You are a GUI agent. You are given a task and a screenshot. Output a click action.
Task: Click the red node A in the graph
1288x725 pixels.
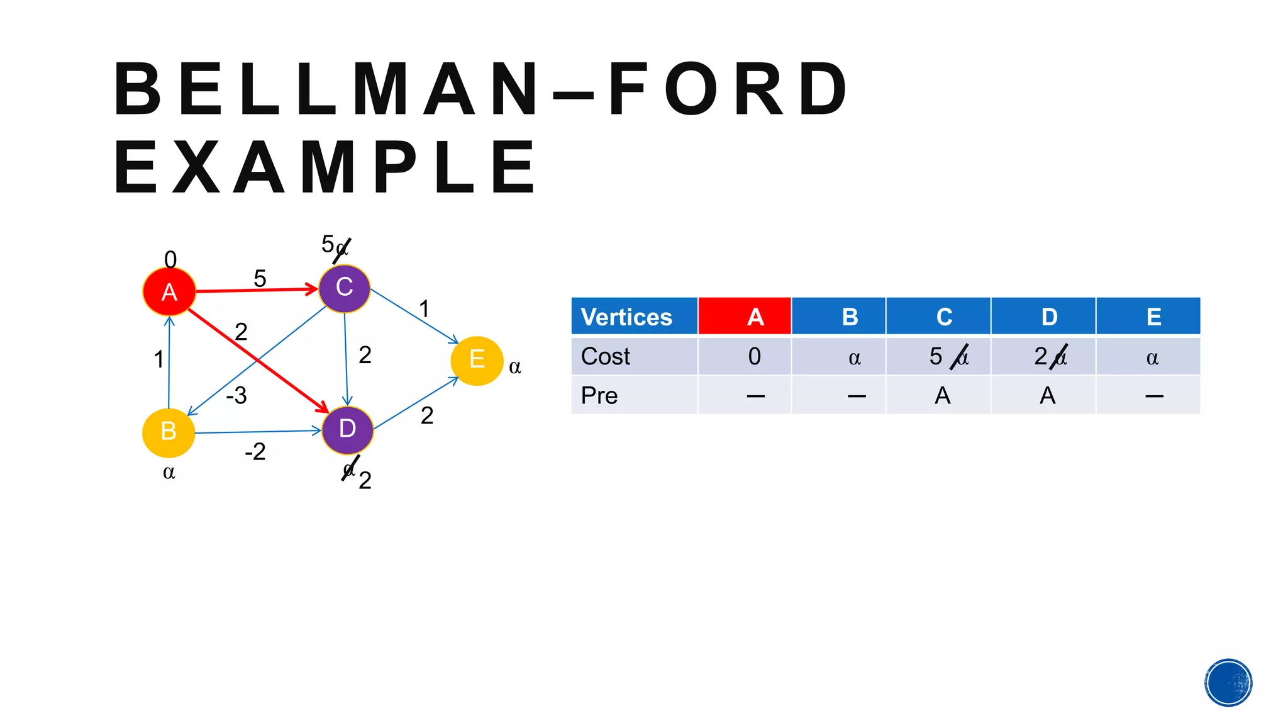[x=169, y=291]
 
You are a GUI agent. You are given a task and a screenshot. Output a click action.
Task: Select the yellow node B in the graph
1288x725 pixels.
[x=169, y=432]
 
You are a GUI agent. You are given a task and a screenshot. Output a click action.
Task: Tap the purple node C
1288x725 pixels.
[x=344, y=288]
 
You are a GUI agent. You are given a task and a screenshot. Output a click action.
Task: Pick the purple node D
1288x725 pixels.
[x=347, y=430]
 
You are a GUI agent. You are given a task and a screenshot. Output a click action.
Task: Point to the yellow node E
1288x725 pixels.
[x=477, y=360]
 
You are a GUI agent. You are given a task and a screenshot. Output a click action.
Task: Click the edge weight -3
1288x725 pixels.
[x=236, y=396]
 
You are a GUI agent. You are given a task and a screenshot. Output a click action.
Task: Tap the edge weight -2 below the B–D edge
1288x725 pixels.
[x=255, y=452]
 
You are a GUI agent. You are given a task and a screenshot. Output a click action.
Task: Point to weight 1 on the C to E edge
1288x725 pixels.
[x=425, y=309]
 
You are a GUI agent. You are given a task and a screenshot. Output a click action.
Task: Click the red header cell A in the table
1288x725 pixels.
[x=745, y=317]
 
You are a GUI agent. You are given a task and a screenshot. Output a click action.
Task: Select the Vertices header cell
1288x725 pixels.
[x=634, y=317]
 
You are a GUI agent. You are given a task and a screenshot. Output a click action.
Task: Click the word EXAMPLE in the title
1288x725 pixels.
[x=325, y=168]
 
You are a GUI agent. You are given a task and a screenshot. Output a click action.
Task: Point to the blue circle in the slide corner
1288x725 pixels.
[x=1228, y=683]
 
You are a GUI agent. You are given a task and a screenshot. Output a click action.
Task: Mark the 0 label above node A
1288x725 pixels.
[x=170, y=259]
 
